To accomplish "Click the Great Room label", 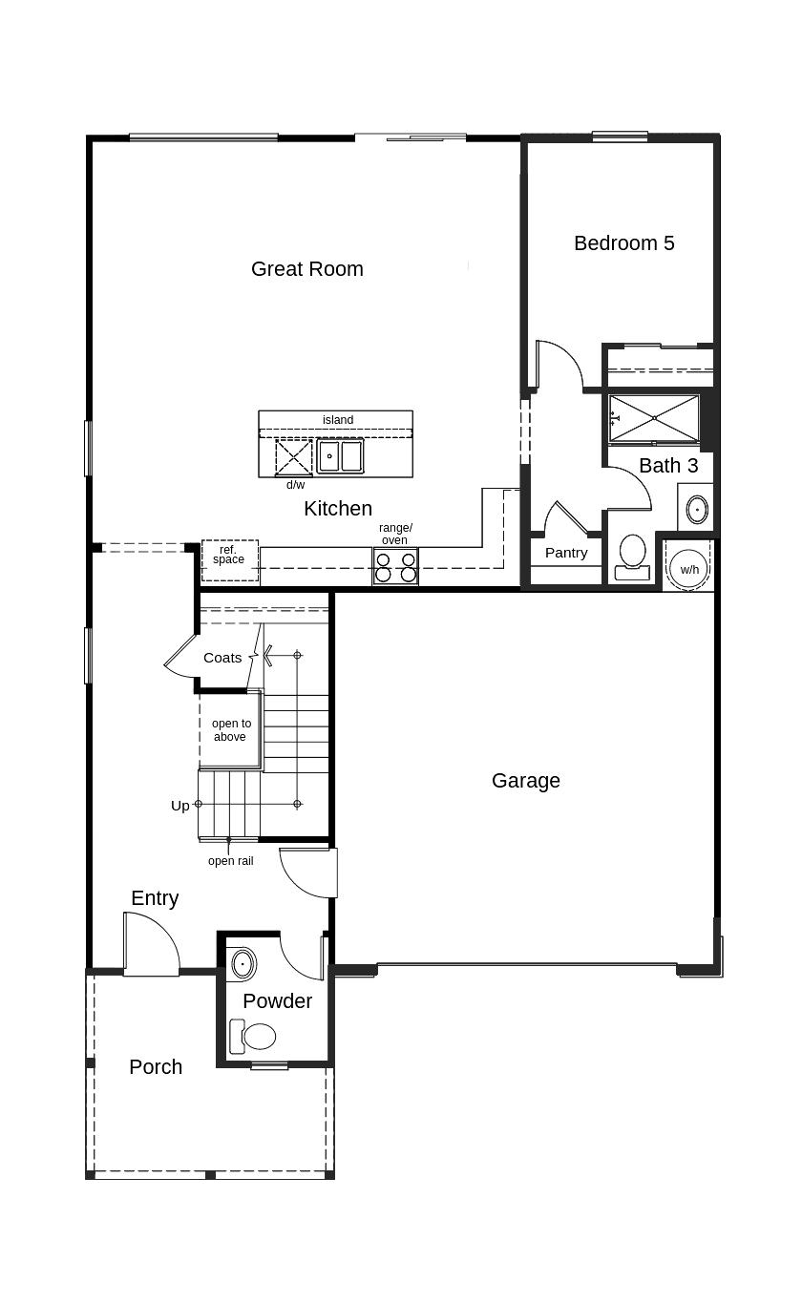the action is pyautogui.click(x=306, y=269).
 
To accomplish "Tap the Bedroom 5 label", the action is pyautogui.click(x=623, y=242).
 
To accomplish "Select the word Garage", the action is pyautogui.click(x=525, y=781).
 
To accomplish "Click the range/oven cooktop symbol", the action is pyautogui.click(x=395, y=566).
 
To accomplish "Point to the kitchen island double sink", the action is pyautogui.click(x=341, y=456).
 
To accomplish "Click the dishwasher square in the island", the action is pyautogui.click(x=293, y=457).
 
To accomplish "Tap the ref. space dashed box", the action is pyautogui.click(x=230, y=560).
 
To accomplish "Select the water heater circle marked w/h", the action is pyautogui.click(x=688, y=569).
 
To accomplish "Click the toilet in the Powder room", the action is pyautogui.click(x=253, y=1036).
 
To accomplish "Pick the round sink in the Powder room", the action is pyautogui.click(x=243, y=963).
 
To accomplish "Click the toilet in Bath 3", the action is pyautogui.click(x=632, y=557).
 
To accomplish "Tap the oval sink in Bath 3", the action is pyautogui.click(x=697, y=510).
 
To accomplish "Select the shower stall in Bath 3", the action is pyautogui.click(x=654, y=418).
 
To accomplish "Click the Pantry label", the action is pyautogui.click(x=566, y=553).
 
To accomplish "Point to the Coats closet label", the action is pyautogui.click(x=222, y=658).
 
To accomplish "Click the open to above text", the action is pyautogui.click(x=231, y=730).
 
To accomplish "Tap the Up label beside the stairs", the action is pyautogui.click(x=179, y=807).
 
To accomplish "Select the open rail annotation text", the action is pyautogui.click(x=231, y=861).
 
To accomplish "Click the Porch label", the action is pyautogui.click(x=156, y=1067).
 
